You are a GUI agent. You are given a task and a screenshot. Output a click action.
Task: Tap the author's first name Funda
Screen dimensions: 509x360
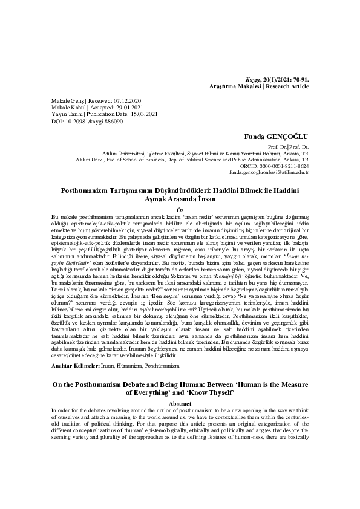255,137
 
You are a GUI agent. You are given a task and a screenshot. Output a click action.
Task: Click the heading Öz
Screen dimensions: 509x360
179,209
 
